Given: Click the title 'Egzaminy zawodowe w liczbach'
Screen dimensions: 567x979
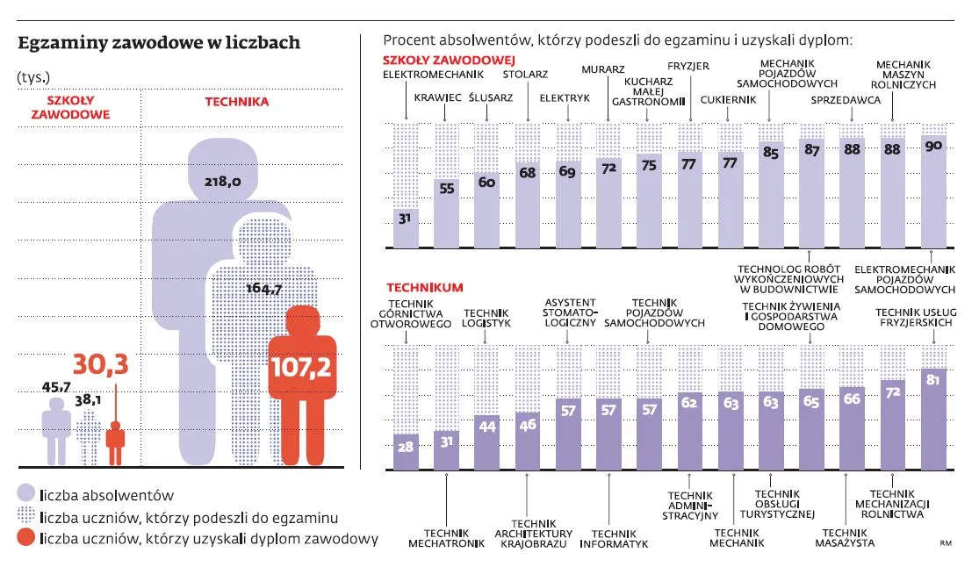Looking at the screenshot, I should (x=159, y=43).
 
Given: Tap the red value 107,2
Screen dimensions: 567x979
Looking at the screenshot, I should (x=301, y=366).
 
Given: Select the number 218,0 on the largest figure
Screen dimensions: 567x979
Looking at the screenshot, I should (x=223, y=182).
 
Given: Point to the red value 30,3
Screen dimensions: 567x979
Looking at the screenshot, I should (x=100, y=362).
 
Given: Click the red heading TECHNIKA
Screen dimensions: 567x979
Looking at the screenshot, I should (x=237, y=102).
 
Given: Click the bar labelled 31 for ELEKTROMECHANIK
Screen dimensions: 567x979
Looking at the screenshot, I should (x=407, y=227).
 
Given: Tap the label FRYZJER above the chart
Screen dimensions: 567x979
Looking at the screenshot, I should (x=687, y=66).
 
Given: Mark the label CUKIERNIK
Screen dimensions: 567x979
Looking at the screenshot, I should (x=728, y=99).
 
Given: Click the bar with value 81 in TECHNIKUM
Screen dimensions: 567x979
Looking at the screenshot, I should (x=934, y=420).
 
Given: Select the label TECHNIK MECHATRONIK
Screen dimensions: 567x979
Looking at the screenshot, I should (x=446, y=536).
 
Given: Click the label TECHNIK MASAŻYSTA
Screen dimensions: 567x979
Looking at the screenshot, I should (x=848, y=536).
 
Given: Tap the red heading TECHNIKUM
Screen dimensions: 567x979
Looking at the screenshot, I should (x=424, y=287).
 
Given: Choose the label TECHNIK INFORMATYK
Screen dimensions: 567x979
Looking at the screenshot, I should (x=614, y=538).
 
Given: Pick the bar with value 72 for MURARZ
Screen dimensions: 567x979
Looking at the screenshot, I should (x=608, y=202).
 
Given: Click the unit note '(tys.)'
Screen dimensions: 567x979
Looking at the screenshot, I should (x=33, y=75).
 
